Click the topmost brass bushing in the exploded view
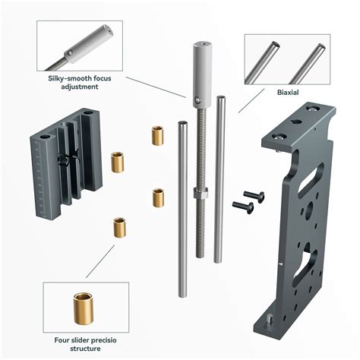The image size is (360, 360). click(159, 135)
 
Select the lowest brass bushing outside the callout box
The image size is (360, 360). click(120, 227)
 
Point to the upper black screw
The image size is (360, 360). click(254, 196)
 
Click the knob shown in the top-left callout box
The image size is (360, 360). click(90, 43)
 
